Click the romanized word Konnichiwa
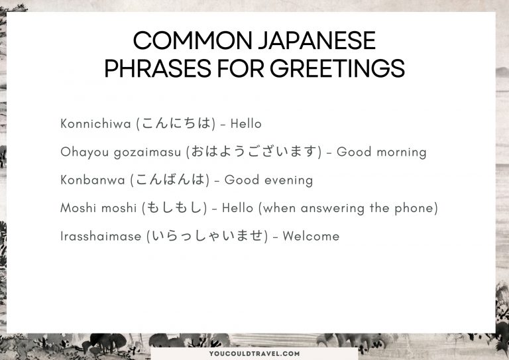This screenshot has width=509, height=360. coord(95,124)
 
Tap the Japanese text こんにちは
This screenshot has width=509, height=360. coord(176,124)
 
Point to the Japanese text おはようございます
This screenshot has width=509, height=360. coord(253,152)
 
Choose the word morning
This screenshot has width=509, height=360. coord(400,152)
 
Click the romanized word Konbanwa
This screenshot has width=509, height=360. coord(92,180)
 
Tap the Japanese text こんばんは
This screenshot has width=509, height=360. coord(170,180)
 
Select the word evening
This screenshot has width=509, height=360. coord(287,180)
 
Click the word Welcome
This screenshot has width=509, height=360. coord(311,237)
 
